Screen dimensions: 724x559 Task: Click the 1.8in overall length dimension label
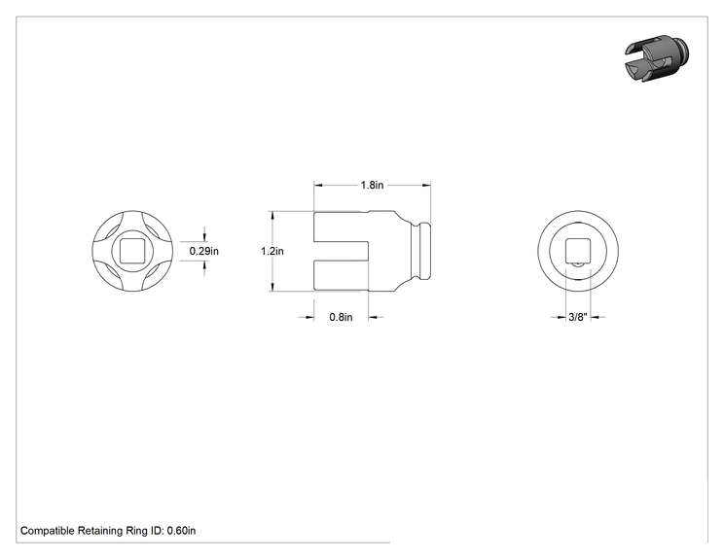[372, 185]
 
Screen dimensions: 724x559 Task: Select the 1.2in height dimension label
[271, 251]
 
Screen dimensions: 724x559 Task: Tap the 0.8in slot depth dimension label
[341, 317]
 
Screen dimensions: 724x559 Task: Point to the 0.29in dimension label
[204, 251]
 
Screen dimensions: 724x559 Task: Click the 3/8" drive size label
[578, 317]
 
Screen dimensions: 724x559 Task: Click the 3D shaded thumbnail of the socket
[658, 57]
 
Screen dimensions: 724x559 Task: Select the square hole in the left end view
[132, 252]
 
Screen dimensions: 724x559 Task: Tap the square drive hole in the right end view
[578, 251]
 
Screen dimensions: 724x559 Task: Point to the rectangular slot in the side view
[341, 251]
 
